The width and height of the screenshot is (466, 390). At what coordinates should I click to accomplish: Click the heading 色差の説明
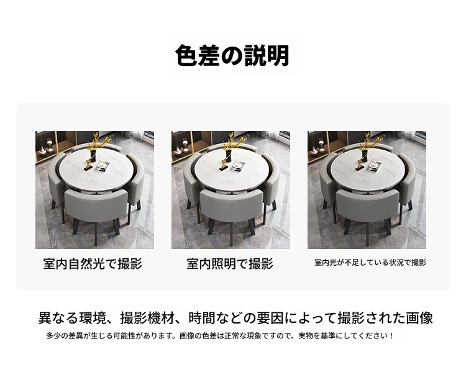pos(232,55)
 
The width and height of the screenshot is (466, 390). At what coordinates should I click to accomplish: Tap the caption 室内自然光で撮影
pos(93,264)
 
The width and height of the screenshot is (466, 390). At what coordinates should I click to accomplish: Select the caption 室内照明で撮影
pos(230,264)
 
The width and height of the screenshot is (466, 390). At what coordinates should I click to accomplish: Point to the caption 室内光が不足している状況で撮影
pos(370,263)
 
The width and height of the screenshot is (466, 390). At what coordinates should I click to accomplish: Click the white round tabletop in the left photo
pos(94,169)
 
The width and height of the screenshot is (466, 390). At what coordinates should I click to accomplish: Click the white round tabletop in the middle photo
pos(231,169)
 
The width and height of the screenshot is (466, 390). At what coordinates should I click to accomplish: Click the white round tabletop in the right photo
pos(367,169)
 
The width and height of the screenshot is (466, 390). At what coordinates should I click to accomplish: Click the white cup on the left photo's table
pos(102,164)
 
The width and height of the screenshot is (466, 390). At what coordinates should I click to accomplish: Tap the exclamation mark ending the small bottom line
pos(392,336)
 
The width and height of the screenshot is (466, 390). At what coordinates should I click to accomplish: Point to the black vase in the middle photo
pos(229,155)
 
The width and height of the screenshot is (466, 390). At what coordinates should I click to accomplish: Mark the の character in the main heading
pos(232,56)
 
